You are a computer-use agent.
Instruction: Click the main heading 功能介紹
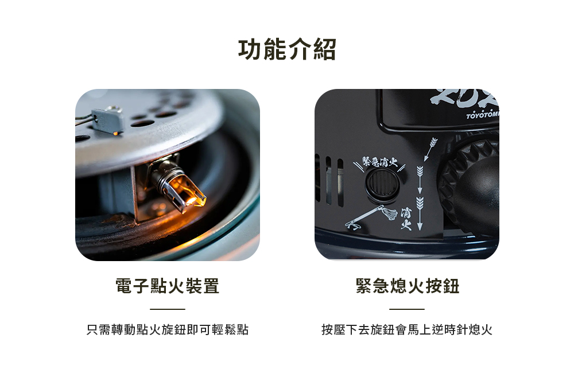287,49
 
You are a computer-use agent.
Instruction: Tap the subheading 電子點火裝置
167,286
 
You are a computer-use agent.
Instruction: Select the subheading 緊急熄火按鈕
407,286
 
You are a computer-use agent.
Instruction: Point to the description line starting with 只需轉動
167,329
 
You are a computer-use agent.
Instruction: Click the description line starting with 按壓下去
407,329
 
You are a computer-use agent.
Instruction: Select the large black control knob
471,183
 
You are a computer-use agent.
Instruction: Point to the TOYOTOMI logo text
482,115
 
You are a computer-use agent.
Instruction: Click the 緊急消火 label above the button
379,161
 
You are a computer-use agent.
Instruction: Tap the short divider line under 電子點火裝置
167,309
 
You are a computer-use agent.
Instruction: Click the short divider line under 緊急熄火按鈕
407,309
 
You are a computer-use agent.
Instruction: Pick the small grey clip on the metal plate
107,119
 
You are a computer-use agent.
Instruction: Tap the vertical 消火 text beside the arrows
406,219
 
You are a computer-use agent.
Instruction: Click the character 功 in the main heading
250,49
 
